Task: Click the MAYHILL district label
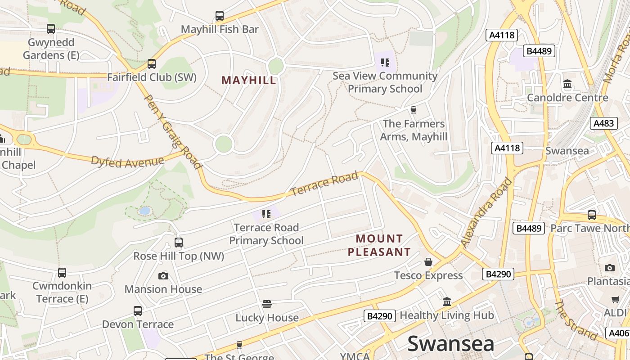coord(249,81)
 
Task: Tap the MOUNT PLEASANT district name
coord(379,245)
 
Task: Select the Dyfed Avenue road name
coord(127,161)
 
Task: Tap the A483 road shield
coord(603,123)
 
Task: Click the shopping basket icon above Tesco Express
coord(428,262)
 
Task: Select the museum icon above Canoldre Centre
coord(567,84)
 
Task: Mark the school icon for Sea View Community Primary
coord(385,62)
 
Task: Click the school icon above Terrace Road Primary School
coord(266,214)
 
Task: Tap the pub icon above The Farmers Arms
coord(413,110)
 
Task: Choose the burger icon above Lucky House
coord(267,304)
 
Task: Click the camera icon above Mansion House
coord(163,276)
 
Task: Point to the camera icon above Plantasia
coord(610,268)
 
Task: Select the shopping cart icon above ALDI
coord(615,299)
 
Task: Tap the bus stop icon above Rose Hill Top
coord(179,243)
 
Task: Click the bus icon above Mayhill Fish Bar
coord(220,16)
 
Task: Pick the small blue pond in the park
coord(144,211)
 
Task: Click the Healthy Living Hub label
coord(446,315)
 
